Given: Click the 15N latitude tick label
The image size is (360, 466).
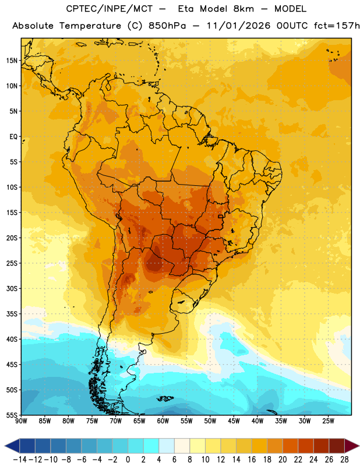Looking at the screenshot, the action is click(x=12, y=61).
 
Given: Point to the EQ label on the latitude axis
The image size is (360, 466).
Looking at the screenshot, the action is click(x=13, y=137).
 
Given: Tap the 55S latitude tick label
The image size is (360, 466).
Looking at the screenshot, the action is click(x=12, y=415).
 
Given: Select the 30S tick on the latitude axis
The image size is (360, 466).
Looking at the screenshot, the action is click(x=12, y=288).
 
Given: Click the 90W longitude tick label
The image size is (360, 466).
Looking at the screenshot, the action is click(x=21, y=421).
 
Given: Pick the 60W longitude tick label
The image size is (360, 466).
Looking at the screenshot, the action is click(x=163, y=421).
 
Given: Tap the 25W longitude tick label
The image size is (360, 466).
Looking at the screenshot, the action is click(x=328, y=421).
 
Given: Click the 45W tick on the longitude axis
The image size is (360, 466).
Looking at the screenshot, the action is click(x=234, y=421).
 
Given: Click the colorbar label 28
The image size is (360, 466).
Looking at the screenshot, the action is click(x=344, y=460).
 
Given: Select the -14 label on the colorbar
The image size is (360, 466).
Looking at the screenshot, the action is click(x=20, y=460).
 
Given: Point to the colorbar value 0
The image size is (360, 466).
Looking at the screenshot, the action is click(x=128, y=460).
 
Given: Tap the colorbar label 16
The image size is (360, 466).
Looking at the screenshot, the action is click(x=252, y=460).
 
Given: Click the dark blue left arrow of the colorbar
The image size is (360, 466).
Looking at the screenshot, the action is click(x=12, y=446).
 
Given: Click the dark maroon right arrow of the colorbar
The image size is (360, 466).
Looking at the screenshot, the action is click(x=352, y=446).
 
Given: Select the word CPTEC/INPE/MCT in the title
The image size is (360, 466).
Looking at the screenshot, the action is click(x=109, y=9).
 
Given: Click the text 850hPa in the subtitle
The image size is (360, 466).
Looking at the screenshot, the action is click(x=167, y=26).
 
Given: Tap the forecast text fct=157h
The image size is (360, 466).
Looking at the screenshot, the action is click(x=337, y=26).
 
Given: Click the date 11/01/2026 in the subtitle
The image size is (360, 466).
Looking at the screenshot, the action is click(x=238, y=26).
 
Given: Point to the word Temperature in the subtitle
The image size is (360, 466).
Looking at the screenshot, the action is click(x=90, y=26).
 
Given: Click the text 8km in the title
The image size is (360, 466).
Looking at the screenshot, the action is click(x=243, y=9).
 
